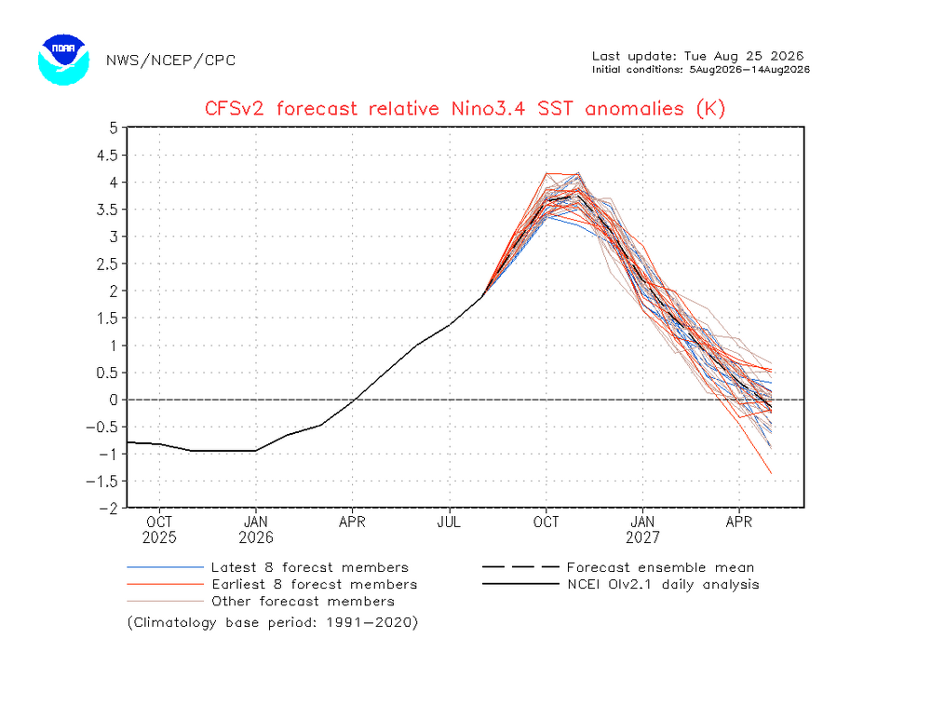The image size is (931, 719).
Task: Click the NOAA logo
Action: point(63,60)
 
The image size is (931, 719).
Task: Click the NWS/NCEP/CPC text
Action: point(171,61)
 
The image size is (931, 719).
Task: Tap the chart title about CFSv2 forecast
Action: point(465,109)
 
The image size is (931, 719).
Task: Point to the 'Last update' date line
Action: point(697,56)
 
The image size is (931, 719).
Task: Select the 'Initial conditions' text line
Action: point(701,70)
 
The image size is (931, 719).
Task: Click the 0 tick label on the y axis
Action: point(114,400)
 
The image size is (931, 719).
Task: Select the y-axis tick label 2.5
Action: point(107,264)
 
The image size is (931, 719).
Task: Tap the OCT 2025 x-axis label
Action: point(159,529)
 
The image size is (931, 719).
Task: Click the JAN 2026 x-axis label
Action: point(256,529)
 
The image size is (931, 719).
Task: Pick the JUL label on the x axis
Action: point(449,522)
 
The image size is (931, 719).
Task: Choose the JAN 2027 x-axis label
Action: point(642,529)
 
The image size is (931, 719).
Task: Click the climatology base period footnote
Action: point(273,623)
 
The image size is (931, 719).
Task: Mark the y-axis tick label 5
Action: point(114,128)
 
